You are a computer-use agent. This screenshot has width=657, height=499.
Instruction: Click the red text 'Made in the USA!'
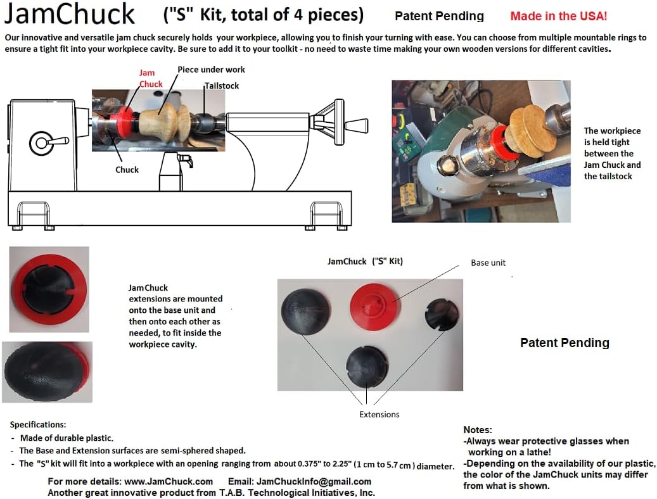point(558,16)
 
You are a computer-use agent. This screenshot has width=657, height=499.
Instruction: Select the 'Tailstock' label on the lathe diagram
point(222,85)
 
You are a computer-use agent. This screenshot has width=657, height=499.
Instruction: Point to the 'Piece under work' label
point(211,70)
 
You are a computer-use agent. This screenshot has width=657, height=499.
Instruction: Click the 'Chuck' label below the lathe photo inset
point(127,170)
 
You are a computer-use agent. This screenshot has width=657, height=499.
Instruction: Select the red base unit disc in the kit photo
point(374,303)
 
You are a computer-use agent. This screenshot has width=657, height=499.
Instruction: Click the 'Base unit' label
point(488,262)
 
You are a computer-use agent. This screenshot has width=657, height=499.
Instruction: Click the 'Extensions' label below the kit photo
point(379,414)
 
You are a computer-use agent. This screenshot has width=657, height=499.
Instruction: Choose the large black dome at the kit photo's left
point(305,308)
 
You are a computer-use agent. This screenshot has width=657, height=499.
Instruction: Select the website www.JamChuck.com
point(163,481)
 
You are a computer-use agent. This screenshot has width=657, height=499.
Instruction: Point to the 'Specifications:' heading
point(38,424)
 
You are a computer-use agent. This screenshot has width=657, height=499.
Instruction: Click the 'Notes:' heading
point(478,430)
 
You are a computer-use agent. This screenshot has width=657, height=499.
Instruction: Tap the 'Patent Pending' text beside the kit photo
point(564,343)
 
